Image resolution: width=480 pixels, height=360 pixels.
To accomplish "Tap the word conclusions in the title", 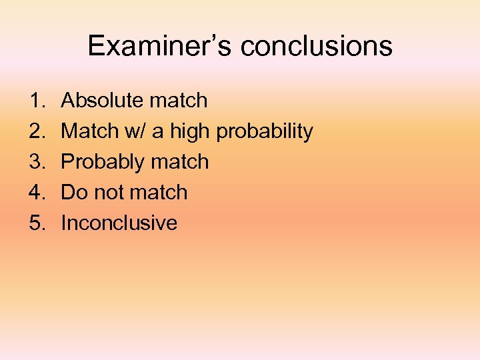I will [317, 46].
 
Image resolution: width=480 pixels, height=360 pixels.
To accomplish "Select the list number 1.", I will [36, 101].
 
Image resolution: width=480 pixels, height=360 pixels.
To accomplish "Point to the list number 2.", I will [36, 131].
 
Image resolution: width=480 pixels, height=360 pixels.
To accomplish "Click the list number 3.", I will [36, 162].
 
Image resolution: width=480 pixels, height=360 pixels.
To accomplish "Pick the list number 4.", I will [36, 193].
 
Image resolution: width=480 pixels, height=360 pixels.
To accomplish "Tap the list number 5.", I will [36, 223].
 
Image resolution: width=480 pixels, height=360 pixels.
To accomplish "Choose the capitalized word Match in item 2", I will [88, 131].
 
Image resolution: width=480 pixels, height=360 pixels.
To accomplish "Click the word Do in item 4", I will [73, 193].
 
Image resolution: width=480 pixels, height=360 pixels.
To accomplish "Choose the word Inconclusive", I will [119, 223].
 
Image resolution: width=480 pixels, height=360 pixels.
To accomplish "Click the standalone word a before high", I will [157, 132].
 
